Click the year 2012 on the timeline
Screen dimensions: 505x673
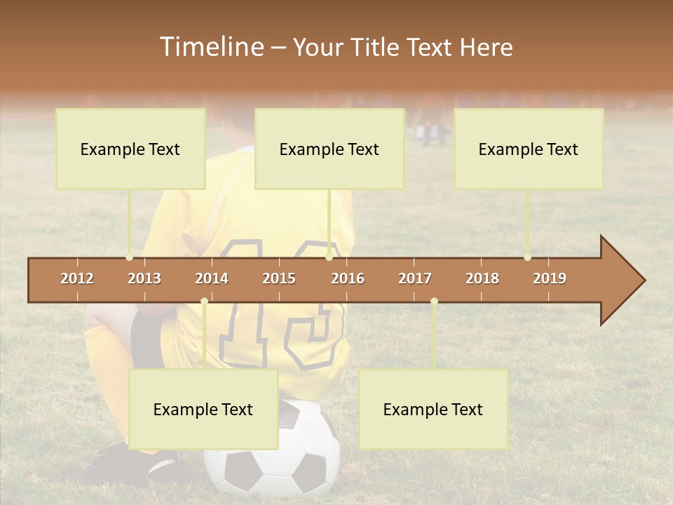click(x=77, y=278)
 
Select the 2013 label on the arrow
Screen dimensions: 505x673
click(x=144, y=278)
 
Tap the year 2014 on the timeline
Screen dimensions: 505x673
click(x=212, y=278)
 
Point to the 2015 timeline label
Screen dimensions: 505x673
click(x=279, y=278)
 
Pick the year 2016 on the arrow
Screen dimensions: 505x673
click(x=348, y=278)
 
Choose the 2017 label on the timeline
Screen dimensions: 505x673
click(x=415, y=278)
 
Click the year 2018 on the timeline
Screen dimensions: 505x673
click(x=482, y=278)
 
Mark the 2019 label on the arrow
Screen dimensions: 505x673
click(x=550, y=278)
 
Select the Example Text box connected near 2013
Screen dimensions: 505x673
click(x=130, y=149)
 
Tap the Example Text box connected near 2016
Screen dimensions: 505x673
click(x=329, y=149)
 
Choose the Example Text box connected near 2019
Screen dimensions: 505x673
click(x=529, y=149)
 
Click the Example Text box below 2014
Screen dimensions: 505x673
click(x=203, y=410)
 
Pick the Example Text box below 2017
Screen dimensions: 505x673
click(x=433, y=410)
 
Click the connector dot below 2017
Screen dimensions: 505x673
click(x=434, y=302)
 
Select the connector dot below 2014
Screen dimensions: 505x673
click(x=204, y=302)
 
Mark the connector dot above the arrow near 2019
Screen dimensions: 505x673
click(x=527, y=257)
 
